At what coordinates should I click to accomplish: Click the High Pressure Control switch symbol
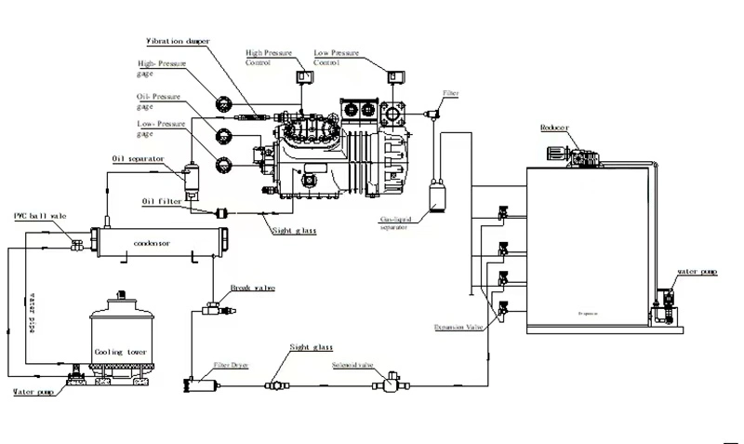point(303,76)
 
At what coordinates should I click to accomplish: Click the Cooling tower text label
point(121,353)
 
